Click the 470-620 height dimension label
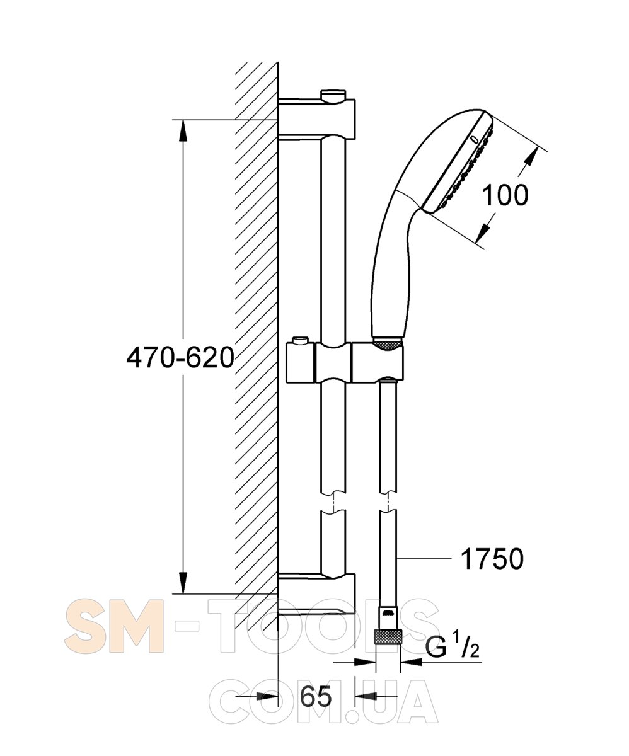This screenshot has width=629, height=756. tap(180, 357)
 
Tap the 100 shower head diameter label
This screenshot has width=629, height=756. tap(505, 195)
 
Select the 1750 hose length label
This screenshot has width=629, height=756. tap(492, 559)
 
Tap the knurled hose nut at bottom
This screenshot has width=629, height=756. tap(388, 639)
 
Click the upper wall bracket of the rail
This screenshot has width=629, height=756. tap(316, 115)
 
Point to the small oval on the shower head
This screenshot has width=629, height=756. tap(475, 139)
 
